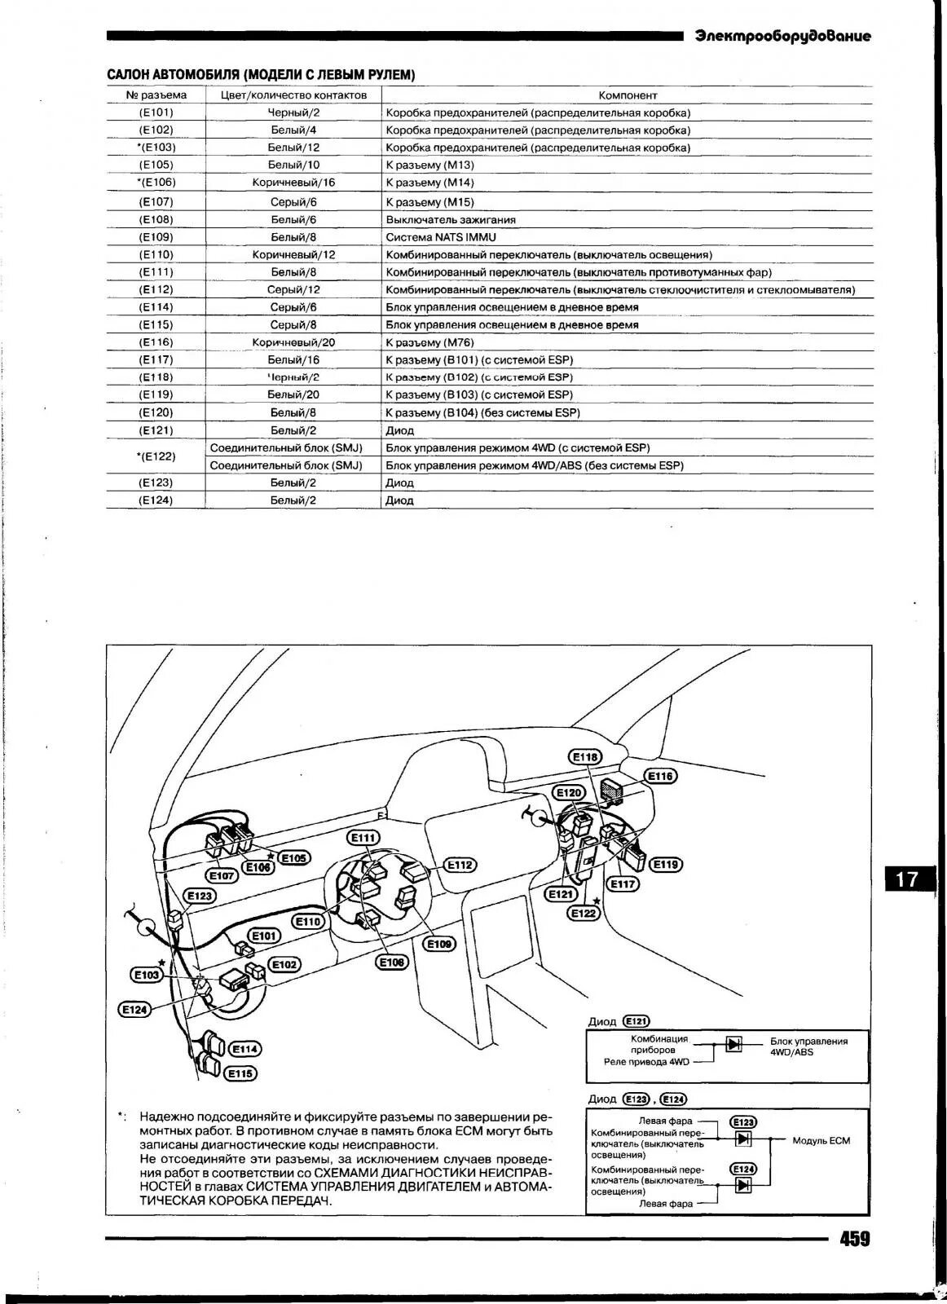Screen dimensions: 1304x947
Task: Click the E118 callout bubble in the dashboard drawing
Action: tap(585, 757)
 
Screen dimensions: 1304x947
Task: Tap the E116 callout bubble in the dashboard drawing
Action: tap(660, 776)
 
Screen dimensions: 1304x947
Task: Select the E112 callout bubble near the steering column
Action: tap(460, 865)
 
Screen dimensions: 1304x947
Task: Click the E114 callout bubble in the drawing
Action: tap(244, 1050)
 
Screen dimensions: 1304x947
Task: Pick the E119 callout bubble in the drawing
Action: tap(666, 864)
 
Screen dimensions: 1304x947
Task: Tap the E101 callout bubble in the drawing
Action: tap(263, 936)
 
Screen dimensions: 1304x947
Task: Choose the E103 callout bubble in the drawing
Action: tap(147, 974)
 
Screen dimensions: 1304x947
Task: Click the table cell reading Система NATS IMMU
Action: tap(441, 237)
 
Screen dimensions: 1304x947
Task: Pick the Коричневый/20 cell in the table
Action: tap(293, 342)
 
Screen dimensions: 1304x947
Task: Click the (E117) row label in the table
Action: tap(156, 359)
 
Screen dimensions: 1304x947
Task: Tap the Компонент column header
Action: tap(628, 95)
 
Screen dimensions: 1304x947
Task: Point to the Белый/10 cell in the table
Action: tap(293, 165)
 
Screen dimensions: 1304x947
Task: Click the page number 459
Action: tap(854, 1240)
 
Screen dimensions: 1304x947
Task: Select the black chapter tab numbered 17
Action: tap(906, 879)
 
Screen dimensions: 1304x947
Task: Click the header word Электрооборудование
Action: tap(782, 36)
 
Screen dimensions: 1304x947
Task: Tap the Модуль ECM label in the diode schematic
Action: tap(821, 1140)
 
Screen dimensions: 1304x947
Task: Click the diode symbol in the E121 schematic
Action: tap(733, 1043)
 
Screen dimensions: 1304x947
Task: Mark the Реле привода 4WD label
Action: tap(646, 1062)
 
